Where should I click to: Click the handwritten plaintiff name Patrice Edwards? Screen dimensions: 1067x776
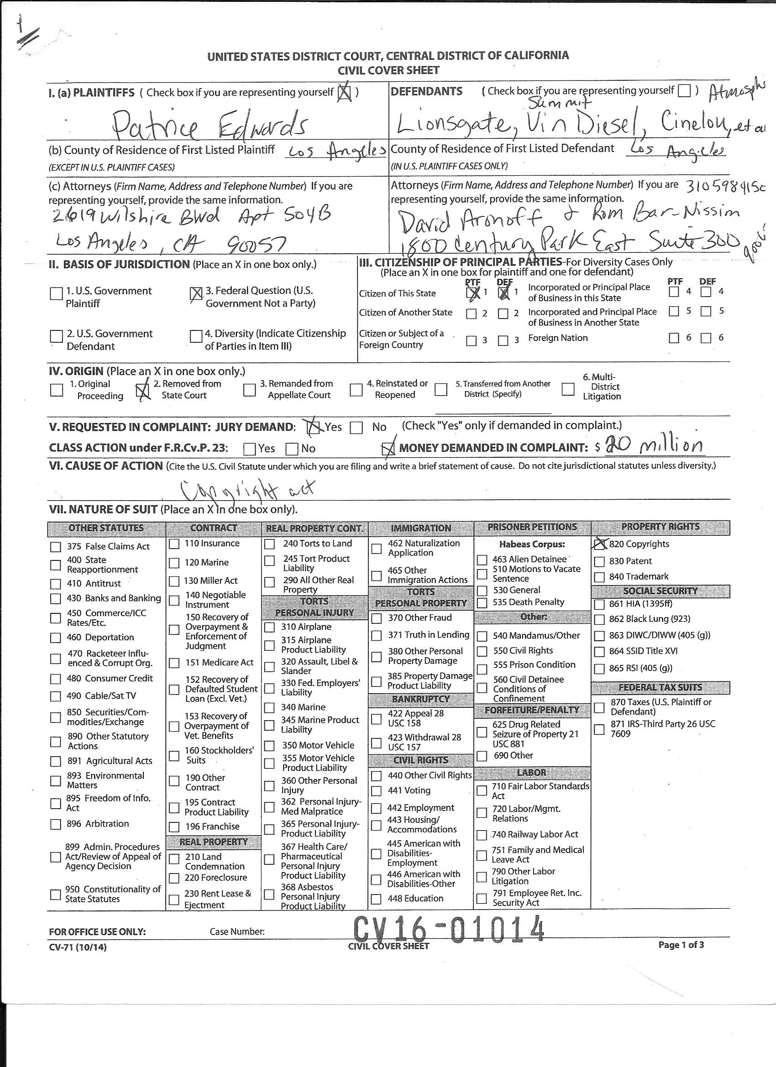point(210,124)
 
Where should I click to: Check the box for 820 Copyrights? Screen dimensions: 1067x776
point(599,544)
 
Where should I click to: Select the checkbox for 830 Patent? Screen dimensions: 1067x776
point(599,562)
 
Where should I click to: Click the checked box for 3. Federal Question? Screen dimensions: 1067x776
point(196,294)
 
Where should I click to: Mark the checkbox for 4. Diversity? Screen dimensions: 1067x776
point(196,336)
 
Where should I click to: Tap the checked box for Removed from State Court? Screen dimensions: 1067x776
point(142,390)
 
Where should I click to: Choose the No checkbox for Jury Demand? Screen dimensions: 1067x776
point(356,428)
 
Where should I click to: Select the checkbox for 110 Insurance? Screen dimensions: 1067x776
point(174,544)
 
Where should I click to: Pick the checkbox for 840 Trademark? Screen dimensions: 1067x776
point(599,577)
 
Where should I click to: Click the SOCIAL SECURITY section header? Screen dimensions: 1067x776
point(660,591)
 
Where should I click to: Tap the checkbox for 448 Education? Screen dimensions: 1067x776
point(376,899)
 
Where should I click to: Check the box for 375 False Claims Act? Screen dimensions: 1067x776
point(56,547)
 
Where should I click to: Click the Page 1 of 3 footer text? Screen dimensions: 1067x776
point(681,945)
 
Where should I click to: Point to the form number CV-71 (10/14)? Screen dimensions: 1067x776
point(78,947)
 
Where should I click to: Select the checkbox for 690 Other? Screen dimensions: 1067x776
point(482,756)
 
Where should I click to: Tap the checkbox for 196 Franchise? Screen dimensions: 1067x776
point(174,827)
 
